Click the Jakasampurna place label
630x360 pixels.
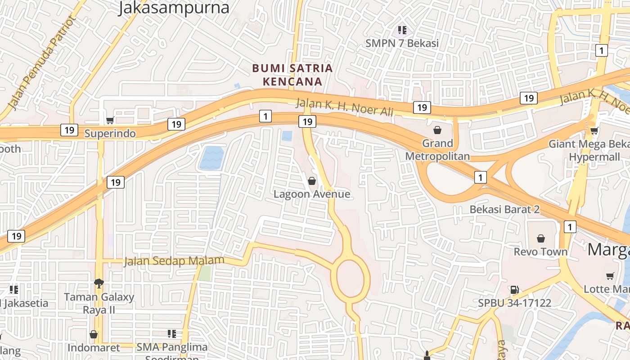174,8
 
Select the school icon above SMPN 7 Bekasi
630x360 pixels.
402,30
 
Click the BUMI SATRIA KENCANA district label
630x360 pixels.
292,75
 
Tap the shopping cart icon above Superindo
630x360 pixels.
110,120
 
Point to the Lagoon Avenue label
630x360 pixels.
312,194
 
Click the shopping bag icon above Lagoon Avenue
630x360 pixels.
312,181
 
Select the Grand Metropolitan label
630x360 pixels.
437,150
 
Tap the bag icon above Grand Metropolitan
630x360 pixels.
437,130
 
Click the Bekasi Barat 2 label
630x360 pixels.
504,209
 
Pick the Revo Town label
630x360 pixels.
540,252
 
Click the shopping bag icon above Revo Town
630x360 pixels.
541,238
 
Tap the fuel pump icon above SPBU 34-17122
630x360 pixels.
514,290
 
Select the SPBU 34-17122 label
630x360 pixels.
514,303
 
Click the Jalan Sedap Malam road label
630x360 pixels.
174,261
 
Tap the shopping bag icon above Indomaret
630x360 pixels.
94,334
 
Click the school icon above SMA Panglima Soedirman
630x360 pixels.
171,333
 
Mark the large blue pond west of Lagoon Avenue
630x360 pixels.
211,158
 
